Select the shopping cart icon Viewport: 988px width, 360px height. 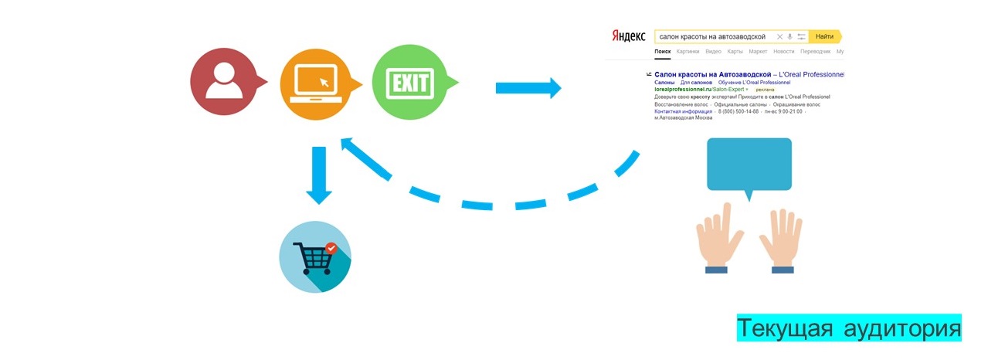click(315, 256)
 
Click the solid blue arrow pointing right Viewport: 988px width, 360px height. click(528, 87)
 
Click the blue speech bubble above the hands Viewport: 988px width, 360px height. click(749, 164)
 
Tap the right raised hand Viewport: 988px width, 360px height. click(781, 239)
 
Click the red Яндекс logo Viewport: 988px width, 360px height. click(629, 36)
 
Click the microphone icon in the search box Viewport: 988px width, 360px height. click(789, 36)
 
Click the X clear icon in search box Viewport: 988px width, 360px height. click(779, 36)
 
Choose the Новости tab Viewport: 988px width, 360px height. click(783, 52)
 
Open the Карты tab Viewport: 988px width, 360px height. click(735, 52)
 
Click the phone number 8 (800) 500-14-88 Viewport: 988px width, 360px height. click(738, 111)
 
